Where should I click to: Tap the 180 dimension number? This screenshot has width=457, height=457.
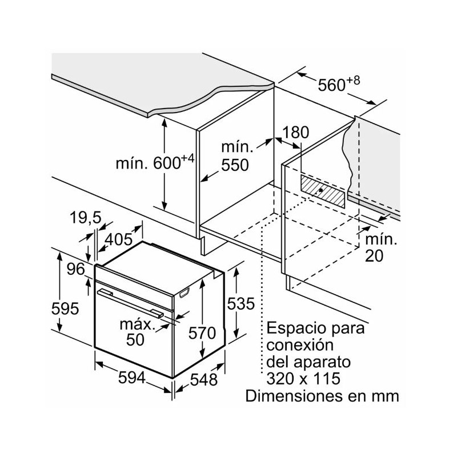click(x=296, y=133)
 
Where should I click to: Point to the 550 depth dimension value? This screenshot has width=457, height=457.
click(x=235, y=165)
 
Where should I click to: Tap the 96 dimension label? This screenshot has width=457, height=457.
click(x=74, y=269)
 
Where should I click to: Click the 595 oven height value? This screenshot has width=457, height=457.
click(x=63, y=309)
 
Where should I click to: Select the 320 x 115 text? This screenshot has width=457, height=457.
click(x=303, y=379)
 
